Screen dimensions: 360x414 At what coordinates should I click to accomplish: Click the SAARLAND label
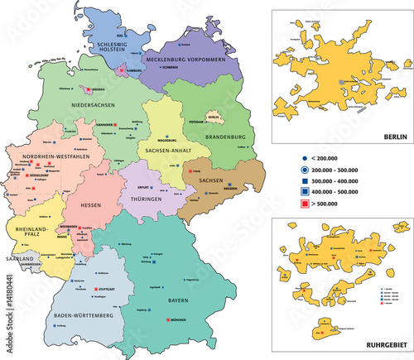[20, 259]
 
